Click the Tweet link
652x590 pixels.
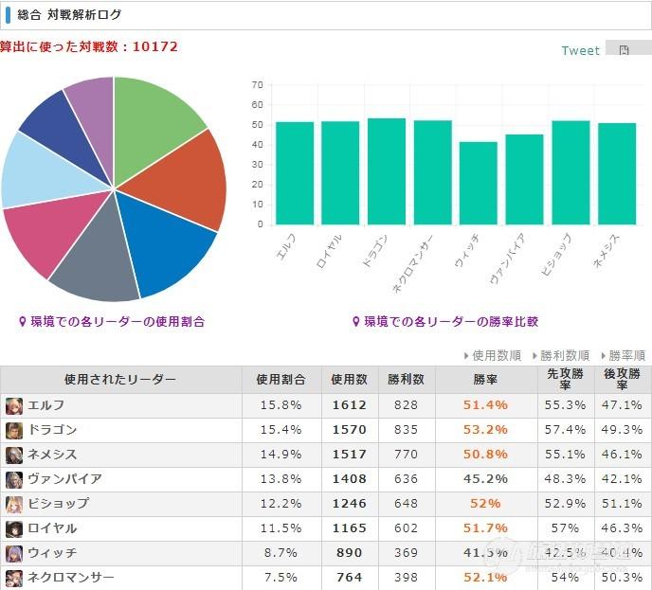tap(580, 50)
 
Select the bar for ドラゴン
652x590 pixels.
tap(387, 171)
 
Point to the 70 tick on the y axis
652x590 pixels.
tap(257, 85)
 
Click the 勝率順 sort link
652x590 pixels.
tap(623, 356)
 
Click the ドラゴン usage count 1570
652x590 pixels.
tap(349, 430)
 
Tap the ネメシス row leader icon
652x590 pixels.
tap(14, 455)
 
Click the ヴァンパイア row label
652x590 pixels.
tap(64, 479)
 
